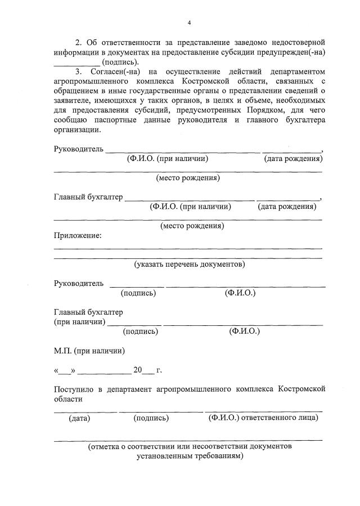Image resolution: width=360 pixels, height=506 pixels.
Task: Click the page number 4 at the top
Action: tap(190, 22)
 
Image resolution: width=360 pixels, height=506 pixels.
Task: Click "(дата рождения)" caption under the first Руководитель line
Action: tap(293, 159)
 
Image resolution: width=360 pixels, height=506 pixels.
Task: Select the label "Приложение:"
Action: tap(78, 235)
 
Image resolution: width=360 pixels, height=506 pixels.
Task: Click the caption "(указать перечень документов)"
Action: tap(190, 264)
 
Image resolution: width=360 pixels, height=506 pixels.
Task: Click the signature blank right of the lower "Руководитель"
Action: tap(137, 286)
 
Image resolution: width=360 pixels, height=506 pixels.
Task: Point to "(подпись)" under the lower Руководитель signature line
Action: tap(138, 293)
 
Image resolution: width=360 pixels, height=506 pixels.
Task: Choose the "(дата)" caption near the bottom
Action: tap(79, 418)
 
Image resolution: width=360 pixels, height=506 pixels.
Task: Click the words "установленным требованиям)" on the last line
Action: tap(190, 456)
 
